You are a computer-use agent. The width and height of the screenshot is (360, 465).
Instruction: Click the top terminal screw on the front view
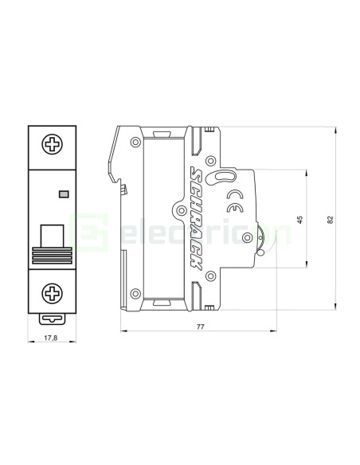click(53, 145)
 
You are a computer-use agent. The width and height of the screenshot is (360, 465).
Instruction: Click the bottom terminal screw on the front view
click(53, 292)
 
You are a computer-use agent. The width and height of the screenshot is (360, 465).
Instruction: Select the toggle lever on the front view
click(53, 236)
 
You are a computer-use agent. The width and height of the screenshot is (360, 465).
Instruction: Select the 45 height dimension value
click(299, 219)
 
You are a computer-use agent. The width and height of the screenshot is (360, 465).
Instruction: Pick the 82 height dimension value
click(330, 219)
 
